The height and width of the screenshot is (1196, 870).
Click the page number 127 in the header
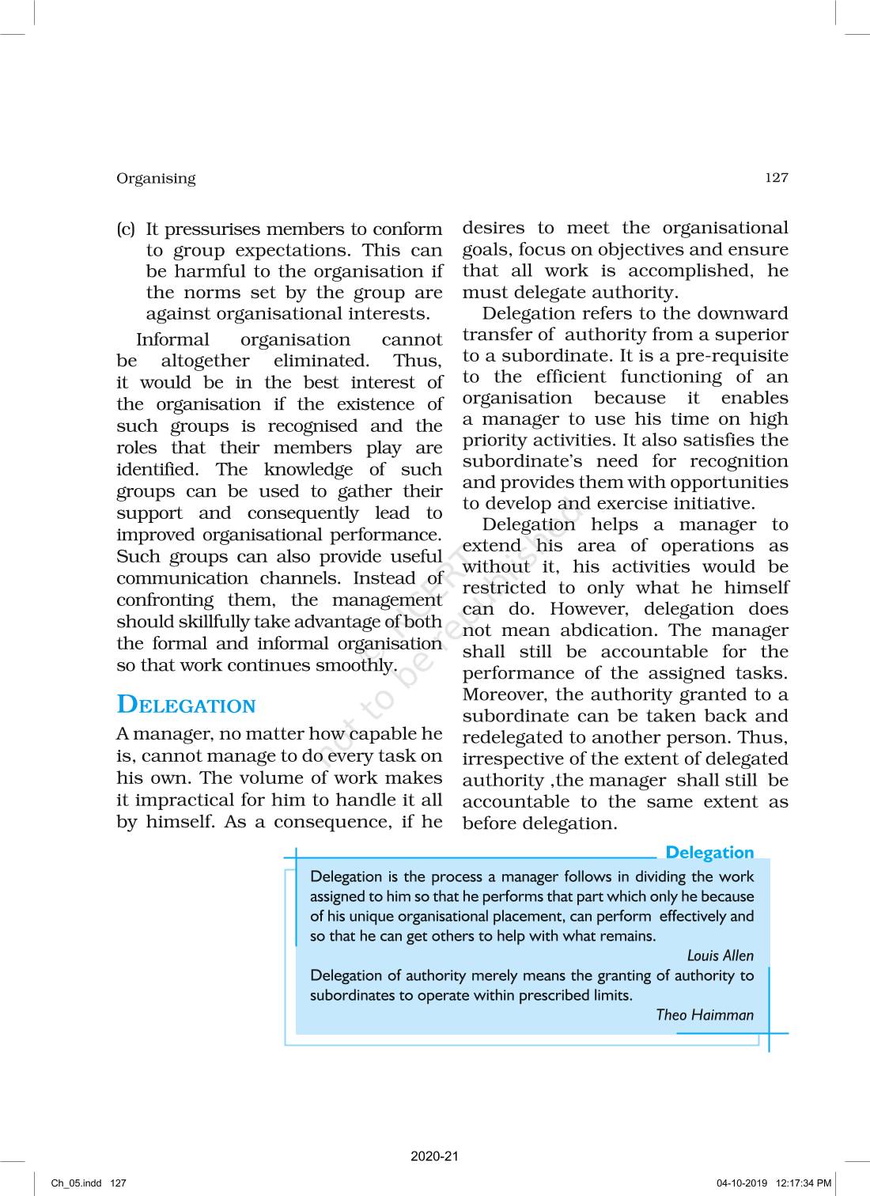coord(776,177)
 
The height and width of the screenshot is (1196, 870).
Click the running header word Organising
coord(156,178)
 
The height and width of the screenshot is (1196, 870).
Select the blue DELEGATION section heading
coord(186,705)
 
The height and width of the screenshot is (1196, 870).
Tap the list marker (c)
coord(126,229)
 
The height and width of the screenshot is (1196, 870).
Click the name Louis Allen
coord(720,956)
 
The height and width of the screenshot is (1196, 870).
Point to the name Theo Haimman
coord(705,1015)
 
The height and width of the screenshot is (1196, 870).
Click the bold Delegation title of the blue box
coord(709,852)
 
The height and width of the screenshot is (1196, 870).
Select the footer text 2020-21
coord(434,1156)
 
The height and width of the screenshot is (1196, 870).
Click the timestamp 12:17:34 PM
coord(804,1183)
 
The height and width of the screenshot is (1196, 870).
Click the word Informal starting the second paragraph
coord(172,340)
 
